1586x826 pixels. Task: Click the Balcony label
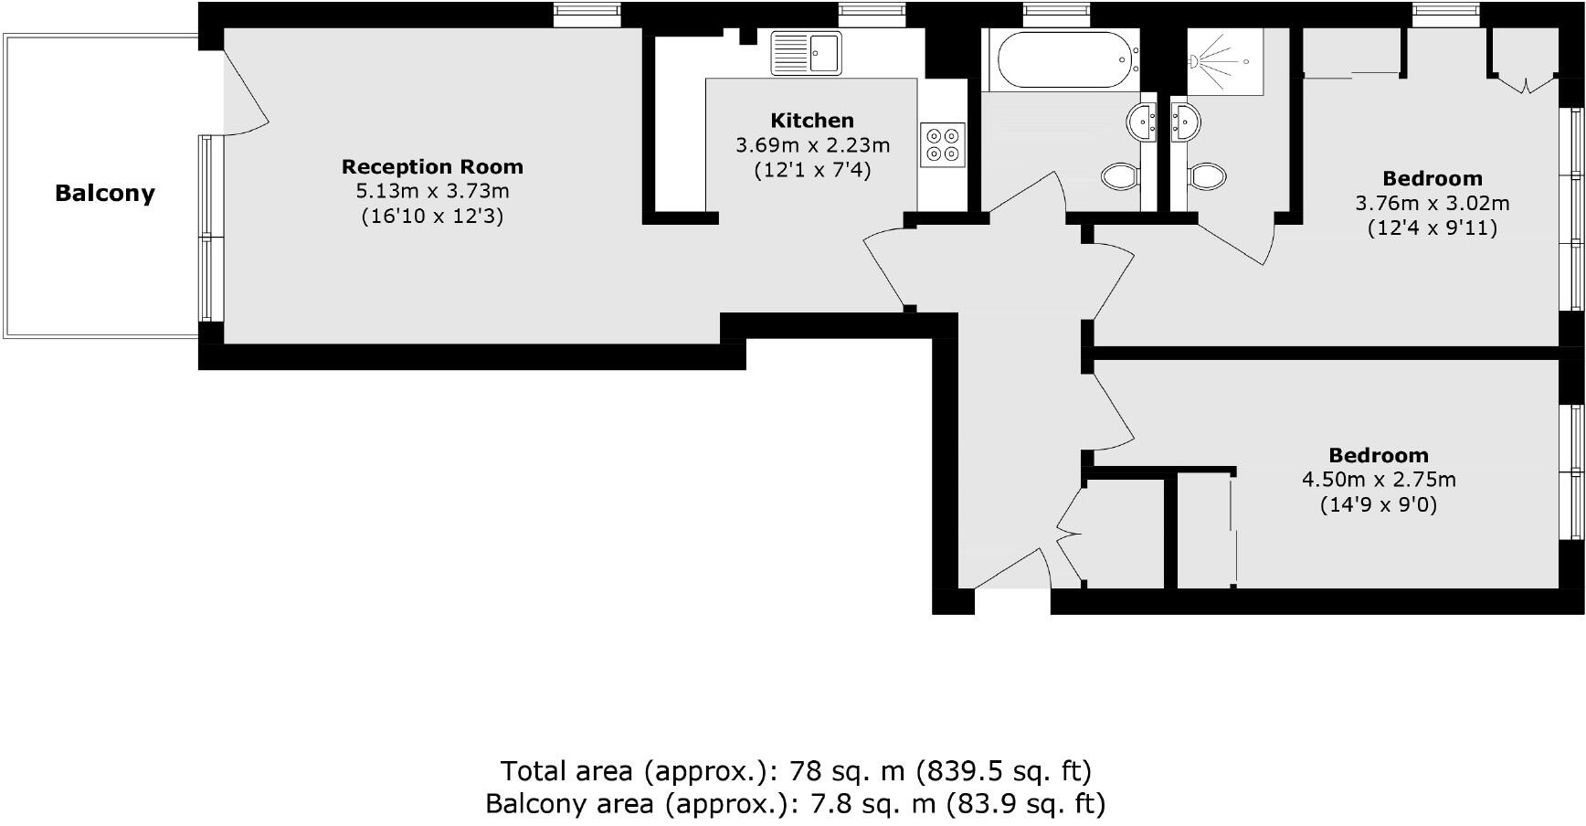105,193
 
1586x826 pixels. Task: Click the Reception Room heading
432,166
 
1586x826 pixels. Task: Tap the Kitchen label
812,120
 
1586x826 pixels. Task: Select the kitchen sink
806,52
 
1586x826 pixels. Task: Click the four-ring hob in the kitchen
942,144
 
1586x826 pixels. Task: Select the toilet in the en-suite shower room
1206,175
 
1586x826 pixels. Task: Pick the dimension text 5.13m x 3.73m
432,191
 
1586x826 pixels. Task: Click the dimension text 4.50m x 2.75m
1379,480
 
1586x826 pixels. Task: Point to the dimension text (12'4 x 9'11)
1432,228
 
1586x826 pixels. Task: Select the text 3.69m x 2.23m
812,145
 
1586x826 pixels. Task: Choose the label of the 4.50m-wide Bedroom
1379,455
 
